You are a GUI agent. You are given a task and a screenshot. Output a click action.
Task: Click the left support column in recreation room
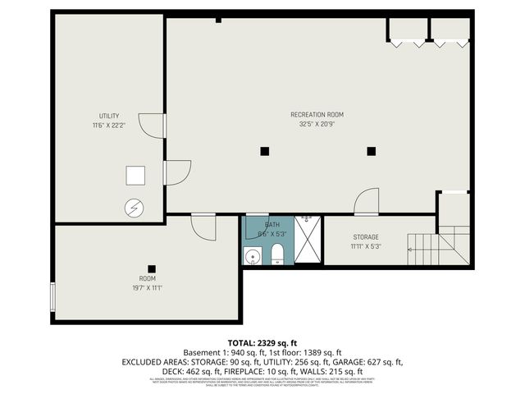264,150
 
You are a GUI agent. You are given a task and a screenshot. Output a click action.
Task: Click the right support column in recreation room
371,150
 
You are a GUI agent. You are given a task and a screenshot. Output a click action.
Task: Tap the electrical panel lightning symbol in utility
132,208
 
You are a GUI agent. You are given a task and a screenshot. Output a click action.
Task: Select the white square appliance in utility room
135,176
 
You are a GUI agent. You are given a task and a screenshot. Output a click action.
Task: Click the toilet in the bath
277,252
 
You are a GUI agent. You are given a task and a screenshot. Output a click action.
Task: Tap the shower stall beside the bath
308,241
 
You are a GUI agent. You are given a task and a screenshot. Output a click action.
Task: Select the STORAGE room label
366,236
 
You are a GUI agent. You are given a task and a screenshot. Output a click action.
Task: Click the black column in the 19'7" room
151,268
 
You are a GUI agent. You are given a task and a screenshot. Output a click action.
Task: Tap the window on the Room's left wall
53,296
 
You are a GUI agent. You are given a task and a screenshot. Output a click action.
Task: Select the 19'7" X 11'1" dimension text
147,288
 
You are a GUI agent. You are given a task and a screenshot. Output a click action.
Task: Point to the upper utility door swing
153,126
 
